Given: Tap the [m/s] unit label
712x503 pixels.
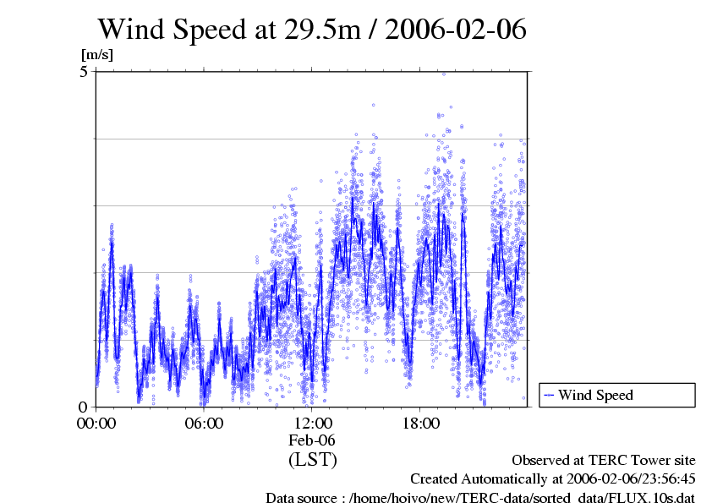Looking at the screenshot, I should (x=96, y=55).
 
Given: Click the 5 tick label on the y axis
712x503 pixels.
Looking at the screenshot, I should (x=84, y=72).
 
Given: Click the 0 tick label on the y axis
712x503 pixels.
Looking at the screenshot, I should (x=84, y=407).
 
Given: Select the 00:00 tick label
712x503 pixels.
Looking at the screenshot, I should (x=96, y=424).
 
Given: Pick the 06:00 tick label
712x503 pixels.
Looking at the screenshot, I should (x=204, y=424).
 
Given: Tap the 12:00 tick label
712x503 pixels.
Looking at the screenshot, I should (x=312, y=424).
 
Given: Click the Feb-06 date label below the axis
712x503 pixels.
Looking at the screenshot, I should (x=312, y=440).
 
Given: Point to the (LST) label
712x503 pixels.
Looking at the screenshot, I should (x=312, y=460).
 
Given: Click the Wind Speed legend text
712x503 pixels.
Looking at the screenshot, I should (x=595, y=395).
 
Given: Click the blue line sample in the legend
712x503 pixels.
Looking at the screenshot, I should (x=549, y=395).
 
